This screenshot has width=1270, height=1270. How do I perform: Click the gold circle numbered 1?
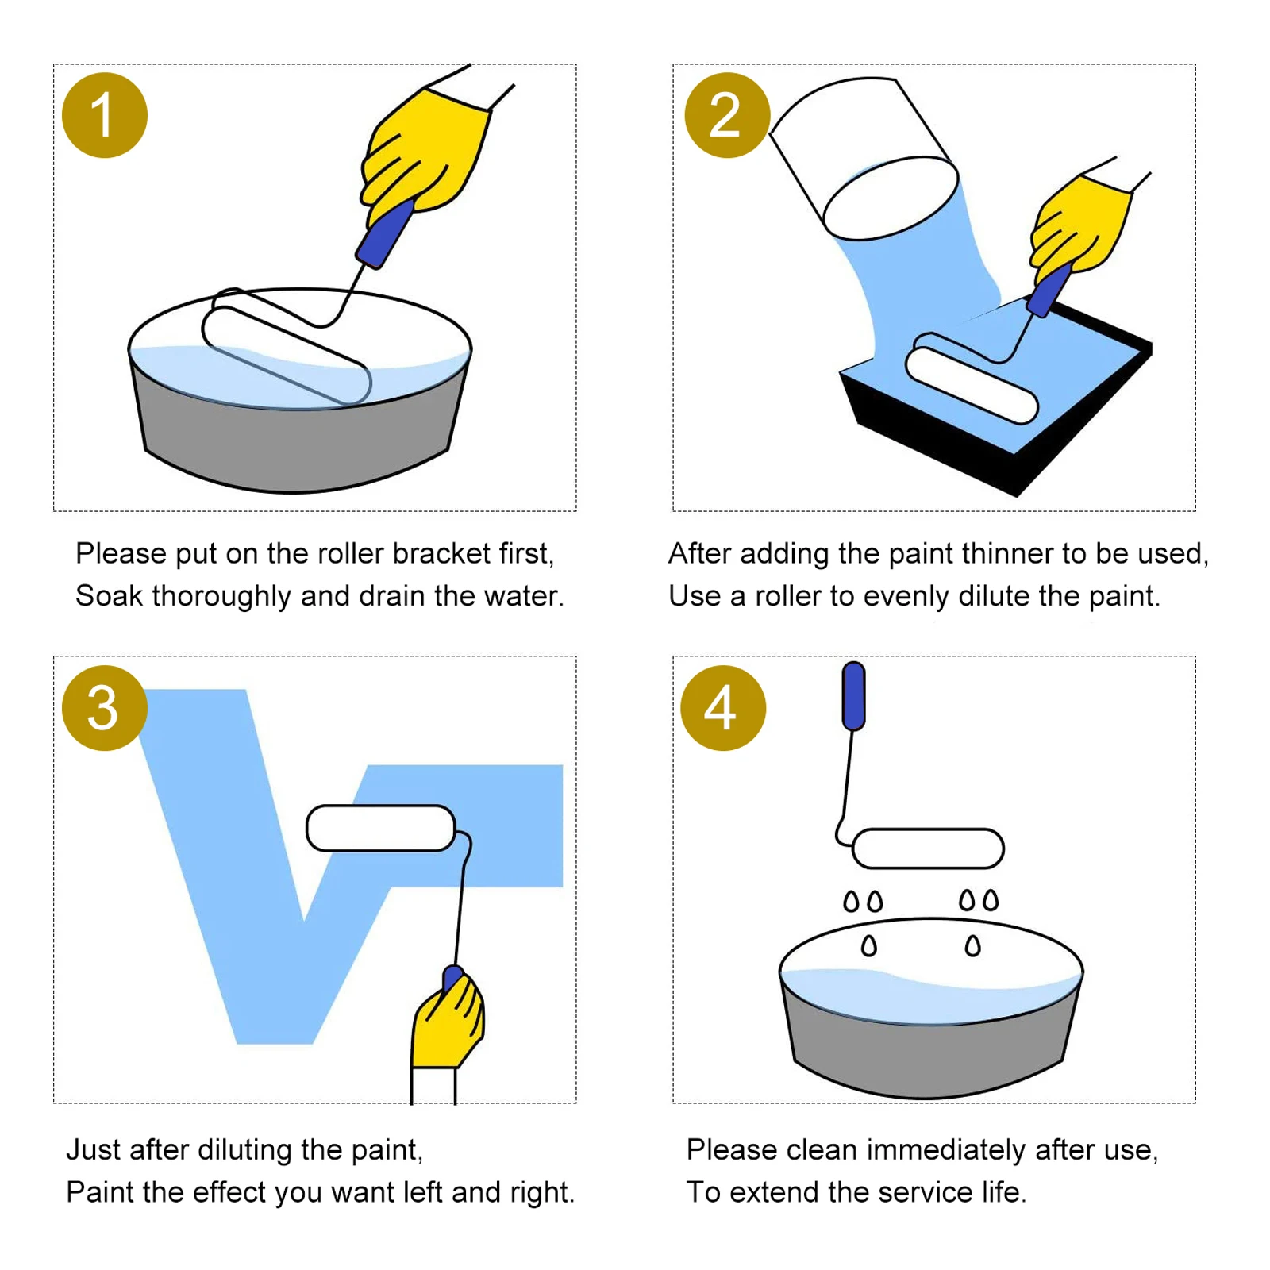tap(105, 115)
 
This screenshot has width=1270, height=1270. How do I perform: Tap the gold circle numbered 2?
tap(726, 115)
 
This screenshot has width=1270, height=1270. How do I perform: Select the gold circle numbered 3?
tap(105, 708)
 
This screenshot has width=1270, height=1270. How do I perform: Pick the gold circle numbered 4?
tap(723, 708)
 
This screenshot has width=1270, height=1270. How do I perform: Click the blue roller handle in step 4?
tap(853, 696)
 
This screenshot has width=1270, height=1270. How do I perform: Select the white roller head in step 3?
tap(381, 828)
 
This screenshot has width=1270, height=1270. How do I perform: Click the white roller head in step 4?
tap(928, 849)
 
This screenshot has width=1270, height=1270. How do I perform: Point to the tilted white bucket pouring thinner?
tap(864, 159)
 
